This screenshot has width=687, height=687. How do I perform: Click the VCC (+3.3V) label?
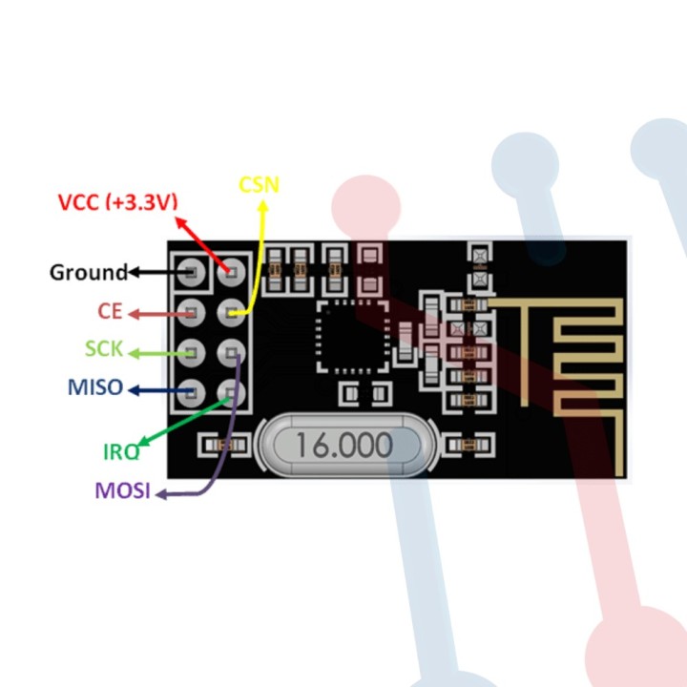tap(117, 202)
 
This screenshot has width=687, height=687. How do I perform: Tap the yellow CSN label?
tap(259, 183)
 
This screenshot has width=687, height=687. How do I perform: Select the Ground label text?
tap(88, 273)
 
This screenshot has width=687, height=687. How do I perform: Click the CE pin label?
tap(111, 312)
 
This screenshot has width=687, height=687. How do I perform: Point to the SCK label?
tap(104, 349)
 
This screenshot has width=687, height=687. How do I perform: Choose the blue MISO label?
tap(95, 387)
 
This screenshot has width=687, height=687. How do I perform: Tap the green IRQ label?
tap(121, 451)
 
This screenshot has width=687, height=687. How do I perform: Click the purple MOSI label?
tap(122, 492)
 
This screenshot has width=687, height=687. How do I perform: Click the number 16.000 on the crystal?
tap(343, 445)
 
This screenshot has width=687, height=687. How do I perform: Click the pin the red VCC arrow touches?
tap(231, 274)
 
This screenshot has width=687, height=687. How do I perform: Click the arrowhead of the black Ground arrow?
tap(134, 273)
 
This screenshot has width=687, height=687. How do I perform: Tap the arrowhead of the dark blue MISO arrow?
tap(134, 389)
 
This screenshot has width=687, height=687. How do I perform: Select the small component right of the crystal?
tap(466, 445)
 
